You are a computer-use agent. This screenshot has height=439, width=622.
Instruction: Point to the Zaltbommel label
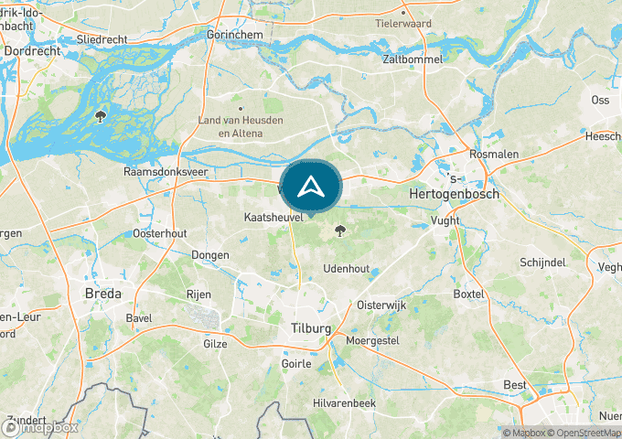pyautogui.click(x=413, y=59)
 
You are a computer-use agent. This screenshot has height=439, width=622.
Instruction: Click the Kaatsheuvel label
pyautogui.click(x=273, y=219)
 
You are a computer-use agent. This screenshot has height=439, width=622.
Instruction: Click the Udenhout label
pyautogui.click(x=347, y=269)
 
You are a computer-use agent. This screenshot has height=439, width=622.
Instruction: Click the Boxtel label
pyautogui.click(x=467, y=294)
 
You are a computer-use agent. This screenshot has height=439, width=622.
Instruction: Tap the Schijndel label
pyautogui.click(x=543, y=262)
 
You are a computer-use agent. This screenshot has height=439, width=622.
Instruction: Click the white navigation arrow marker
pyautogui.click(x=312, y=187)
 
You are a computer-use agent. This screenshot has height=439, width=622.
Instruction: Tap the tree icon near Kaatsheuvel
pyautogui.click(x=341, y=230)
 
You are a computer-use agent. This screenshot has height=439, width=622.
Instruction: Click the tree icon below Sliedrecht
pyautogui.click(x=101, y=116)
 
